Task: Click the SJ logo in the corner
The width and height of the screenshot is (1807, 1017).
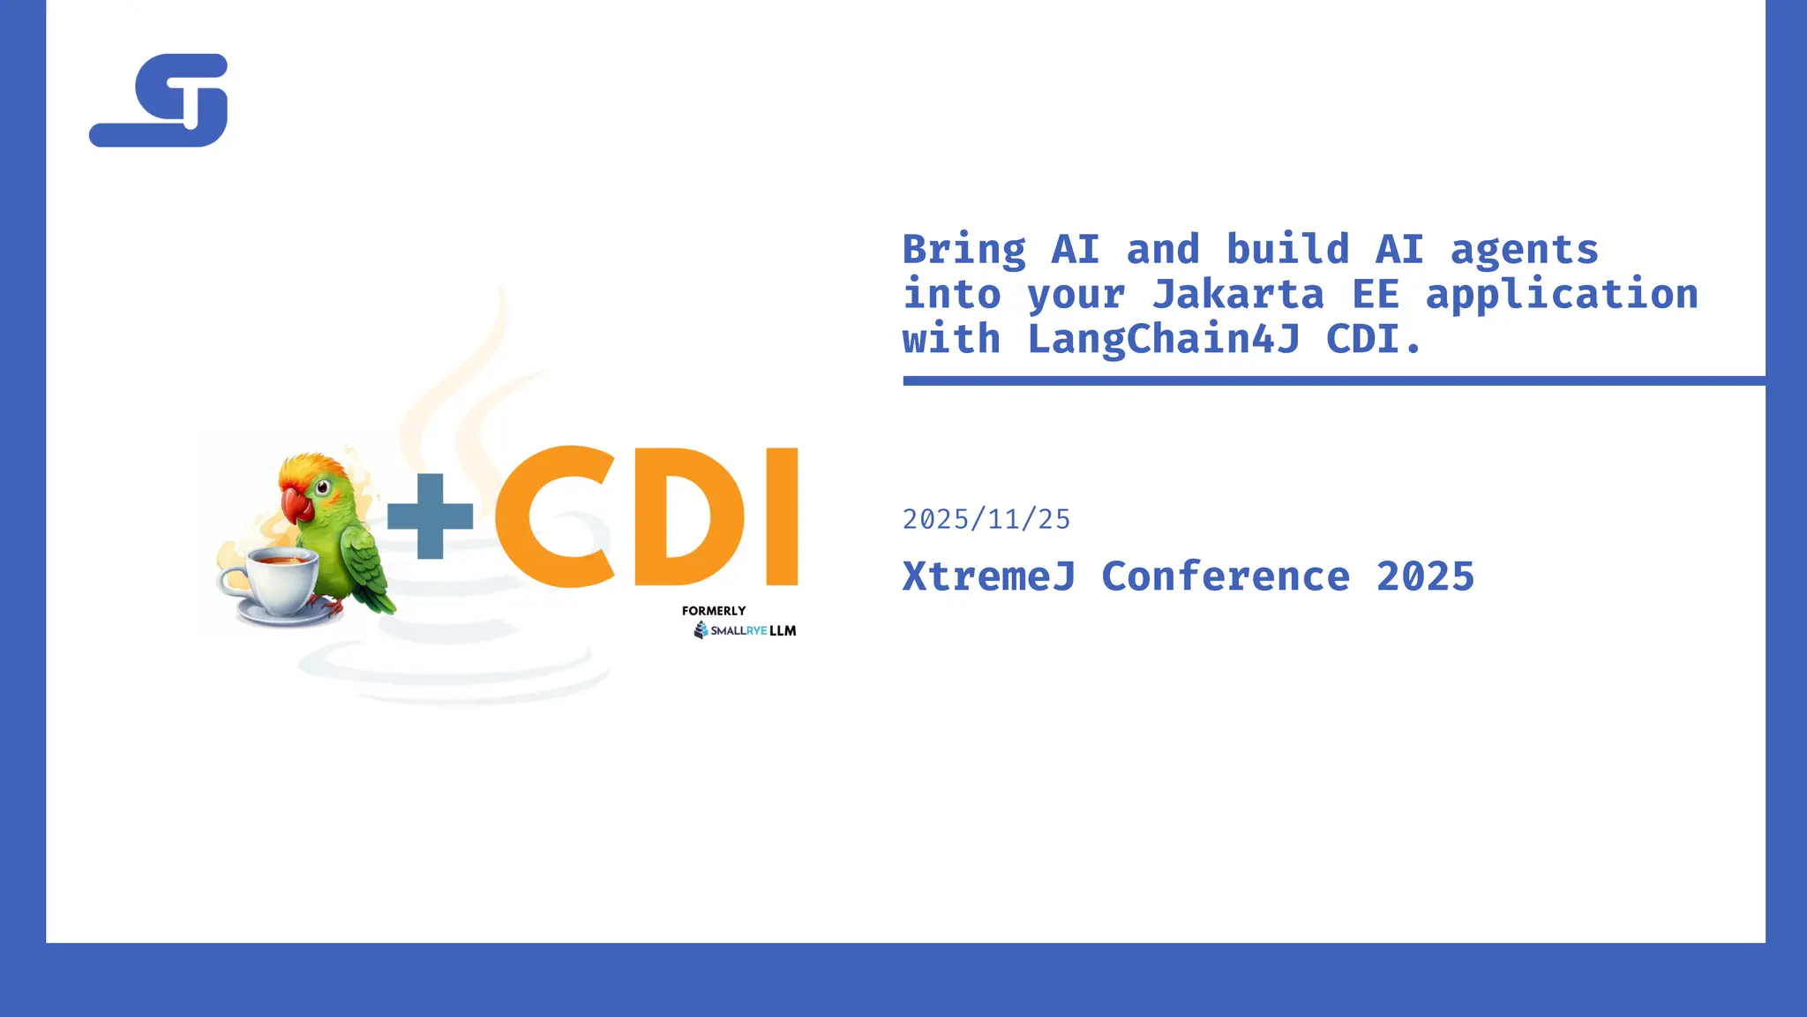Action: pyautogui.click(x=160, y=100)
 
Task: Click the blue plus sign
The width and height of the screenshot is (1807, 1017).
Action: pyautogui.click(x=430, y=516)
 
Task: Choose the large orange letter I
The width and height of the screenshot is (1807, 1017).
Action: pyautogui.click(x=782, y=516)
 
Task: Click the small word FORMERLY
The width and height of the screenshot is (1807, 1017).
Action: pyautogui.click(x=714, y=611)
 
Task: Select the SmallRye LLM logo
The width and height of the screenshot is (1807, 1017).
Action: pyautogui.click(x=746, y=630)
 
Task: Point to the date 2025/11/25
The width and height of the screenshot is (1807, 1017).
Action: pyautogui.click(x=986, y=519)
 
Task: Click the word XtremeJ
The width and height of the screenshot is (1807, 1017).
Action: pyautogui.click(x=989, y=577)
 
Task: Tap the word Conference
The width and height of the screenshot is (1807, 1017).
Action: pyautogui.click(x=1226, y=577)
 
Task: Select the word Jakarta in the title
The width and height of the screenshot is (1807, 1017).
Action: pyautogui.click(x=1238, y=295)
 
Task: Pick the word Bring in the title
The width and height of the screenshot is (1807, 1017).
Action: pyautogui.click(x=964, y=251)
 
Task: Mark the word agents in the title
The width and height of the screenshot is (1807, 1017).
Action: pyautogui.click(x=1524, y=251)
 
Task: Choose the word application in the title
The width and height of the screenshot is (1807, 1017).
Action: pyautogui.click(x=1562, y=295)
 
